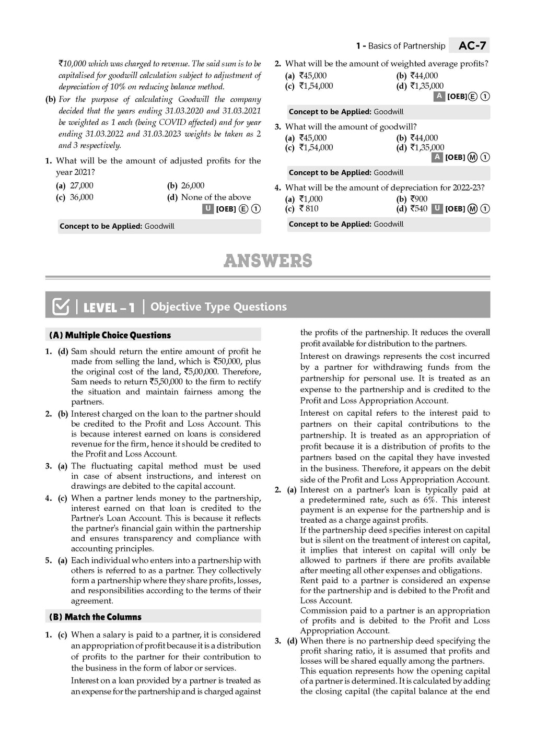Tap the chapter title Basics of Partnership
[x=406, y=46]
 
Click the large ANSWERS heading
[x=267, y=261]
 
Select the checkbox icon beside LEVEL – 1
[x=61, y=307]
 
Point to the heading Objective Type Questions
[x=218, y=307]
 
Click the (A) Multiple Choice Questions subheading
[x=110, y=335]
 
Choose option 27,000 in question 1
[x=82, y=185]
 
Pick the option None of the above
[x=215, y=197]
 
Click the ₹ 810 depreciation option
[x=308, y=209]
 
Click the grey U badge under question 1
[x=207, y=209]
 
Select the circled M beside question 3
[x=473, y=158]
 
